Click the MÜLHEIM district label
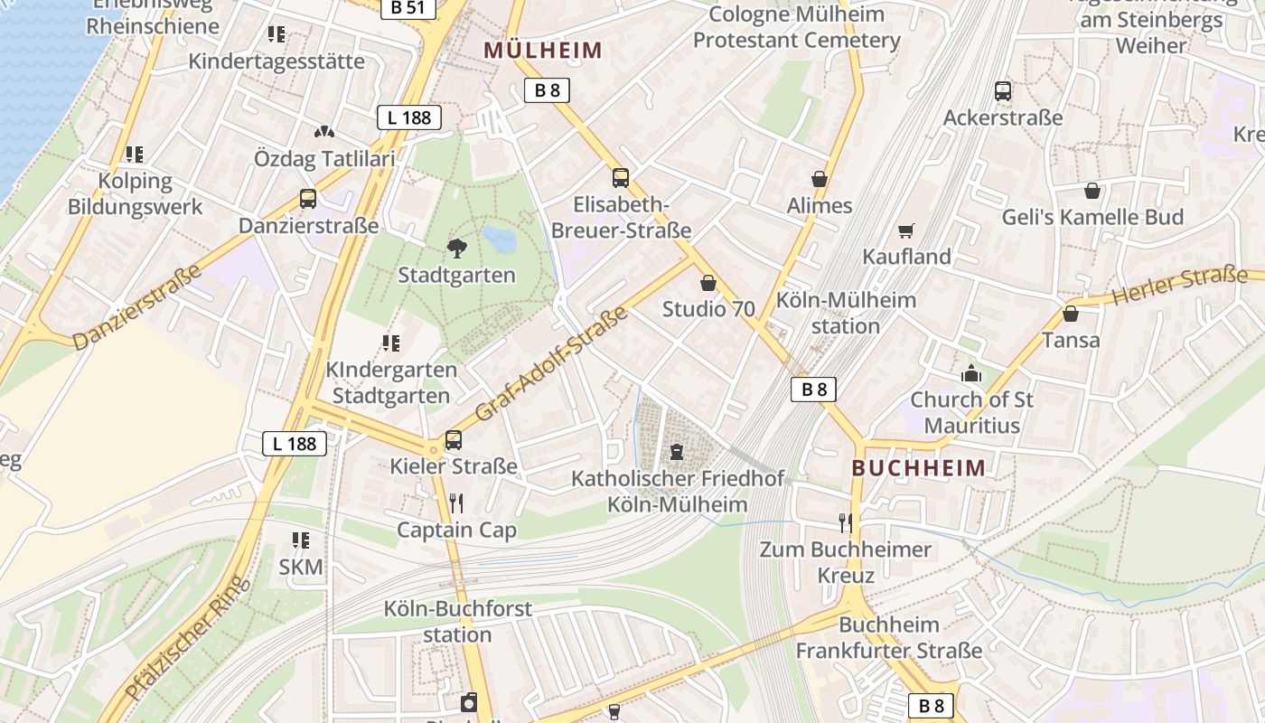(542, 51)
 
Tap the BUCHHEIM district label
(919, 467)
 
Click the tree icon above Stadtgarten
(457, 248)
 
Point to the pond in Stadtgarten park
(499, 239)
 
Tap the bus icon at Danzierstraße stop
(308, 199)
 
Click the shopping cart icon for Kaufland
(906, 231)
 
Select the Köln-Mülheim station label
(846, 313)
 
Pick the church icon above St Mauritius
(971, 372)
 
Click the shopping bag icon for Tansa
(1071, 314)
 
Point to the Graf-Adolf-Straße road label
(551, 363)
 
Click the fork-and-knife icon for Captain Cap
(456, 503)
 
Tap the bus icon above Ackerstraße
(1003, 90)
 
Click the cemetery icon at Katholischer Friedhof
(677, 451)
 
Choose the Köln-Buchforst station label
(457, 622)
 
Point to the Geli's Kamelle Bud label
(1092, 217)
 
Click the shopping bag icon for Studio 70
(708, 283)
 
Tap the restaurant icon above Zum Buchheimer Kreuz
(846, 522)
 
